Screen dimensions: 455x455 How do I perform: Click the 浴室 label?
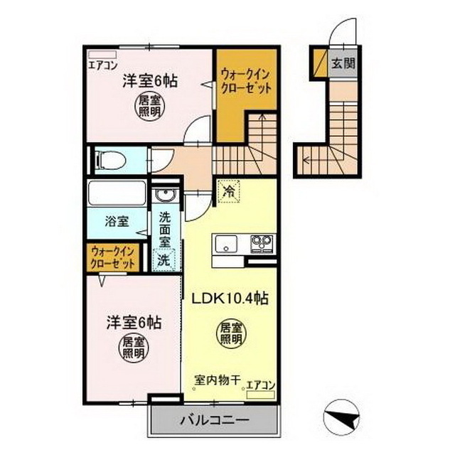pyautogui.click(x=117, y=221)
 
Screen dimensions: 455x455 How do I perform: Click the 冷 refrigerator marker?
pyautogui.click(x=229, y=191)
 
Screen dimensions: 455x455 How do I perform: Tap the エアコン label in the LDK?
pyautogui.click(x=260, y=385)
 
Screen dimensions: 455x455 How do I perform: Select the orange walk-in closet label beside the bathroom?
pyautogui.click(x=112, y=257)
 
